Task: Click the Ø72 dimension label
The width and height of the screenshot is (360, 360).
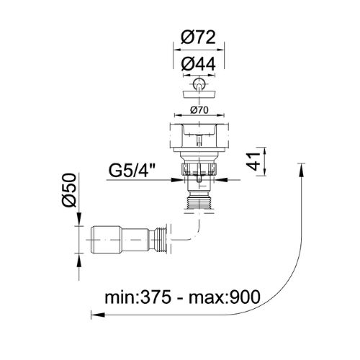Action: point(198,37)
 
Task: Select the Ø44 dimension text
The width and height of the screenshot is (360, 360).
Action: point(198,64)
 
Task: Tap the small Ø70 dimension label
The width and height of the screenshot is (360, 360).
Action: point(199,110)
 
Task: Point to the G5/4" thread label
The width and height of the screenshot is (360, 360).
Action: point(132,170)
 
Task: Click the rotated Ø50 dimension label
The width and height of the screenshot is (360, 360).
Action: point(69,190)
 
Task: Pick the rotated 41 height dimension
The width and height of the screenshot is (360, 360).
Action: point(253,161)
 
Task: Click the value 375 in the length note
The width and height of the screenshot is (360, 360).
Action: point(154,297)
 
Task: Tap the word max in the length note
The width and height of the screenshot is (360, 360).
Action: point(205,299)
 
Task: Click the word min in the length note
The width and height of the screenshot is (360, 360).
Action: point(119,297)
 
